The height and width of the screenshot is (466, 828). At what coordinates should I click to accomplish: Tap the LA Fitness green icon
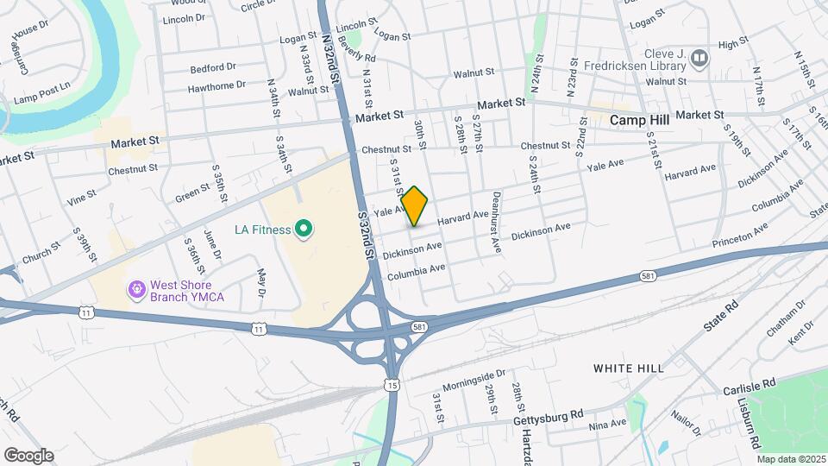coord(303,229)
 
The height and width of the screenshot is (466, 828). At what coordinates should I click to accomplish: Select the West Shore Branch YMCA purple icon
coord(136,287)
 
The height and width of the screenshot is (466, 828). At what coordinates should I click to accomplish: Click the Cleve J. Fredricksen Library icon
coord(699,58)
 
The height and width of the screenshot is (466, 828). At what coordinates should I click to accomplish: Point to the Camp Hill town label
coord(640,120)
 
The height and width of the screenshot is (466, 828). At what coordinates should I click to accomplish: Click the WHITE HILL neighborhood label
coord(628,368)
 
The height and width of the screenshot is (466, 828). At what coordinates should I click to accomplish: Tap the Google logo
coord(28,455)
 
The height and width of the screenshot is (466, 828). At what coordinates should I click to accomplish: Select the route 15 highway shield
coord(393,385)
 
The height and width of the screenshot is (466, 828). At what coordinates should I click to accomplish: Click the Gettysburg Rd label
coord(549,416)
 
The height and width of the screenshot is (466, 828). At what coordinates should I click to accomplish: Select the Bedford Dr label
coord(212,66)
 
